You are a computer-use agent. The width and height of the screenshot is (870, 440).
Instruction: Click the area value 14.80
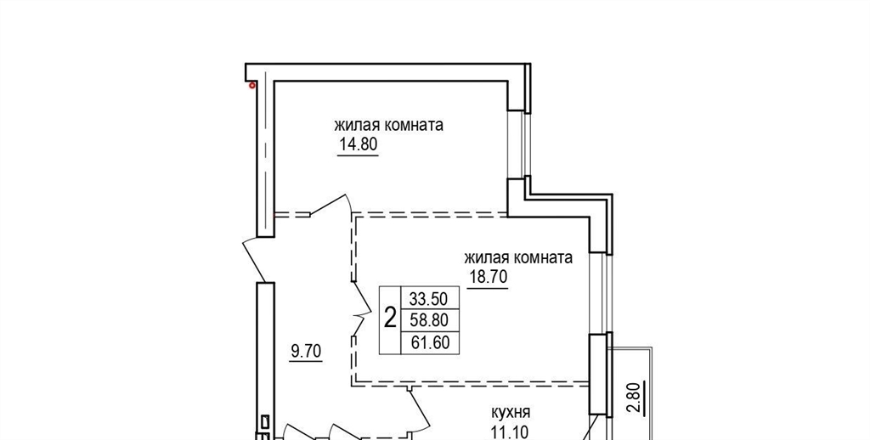click(x=358, y=144)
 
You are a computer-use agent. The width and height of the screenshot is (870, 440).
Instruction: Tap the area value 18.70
click(x=489, y=277)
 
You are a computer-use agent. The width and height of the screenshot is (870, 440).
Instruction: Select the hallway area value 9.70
click(x=306, y=351)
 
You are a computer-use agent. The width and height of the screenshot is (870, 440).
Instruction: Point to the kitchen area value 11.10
click(x=509, y=432)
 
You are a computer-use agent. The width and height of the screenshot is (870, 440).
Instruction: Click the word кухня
click(x=511, y=413)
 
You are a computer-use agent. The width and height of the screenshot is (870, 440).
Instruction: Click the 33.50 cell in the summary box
click(x=428, y=298)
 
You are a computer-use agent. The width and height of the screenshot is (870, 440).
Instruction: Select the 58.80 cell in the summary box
click(x=429, y=319)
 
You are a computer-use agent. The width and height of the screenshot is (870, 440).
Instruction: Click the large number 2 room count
click(x=391, y=319)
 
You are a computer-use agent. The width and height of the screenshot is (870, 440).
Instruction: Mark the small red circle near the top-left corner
click(x=252, y=86)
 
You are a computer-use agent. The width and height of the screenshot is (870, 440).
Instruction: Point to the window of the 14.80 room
click(x=519, y=144)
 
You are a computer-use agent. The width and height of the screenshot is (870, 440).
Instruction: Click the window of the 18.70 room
click(x=601, y=293)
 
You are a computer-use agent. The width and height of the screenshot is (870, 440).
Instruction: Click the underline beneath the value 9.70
click(x=306, y=361)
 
